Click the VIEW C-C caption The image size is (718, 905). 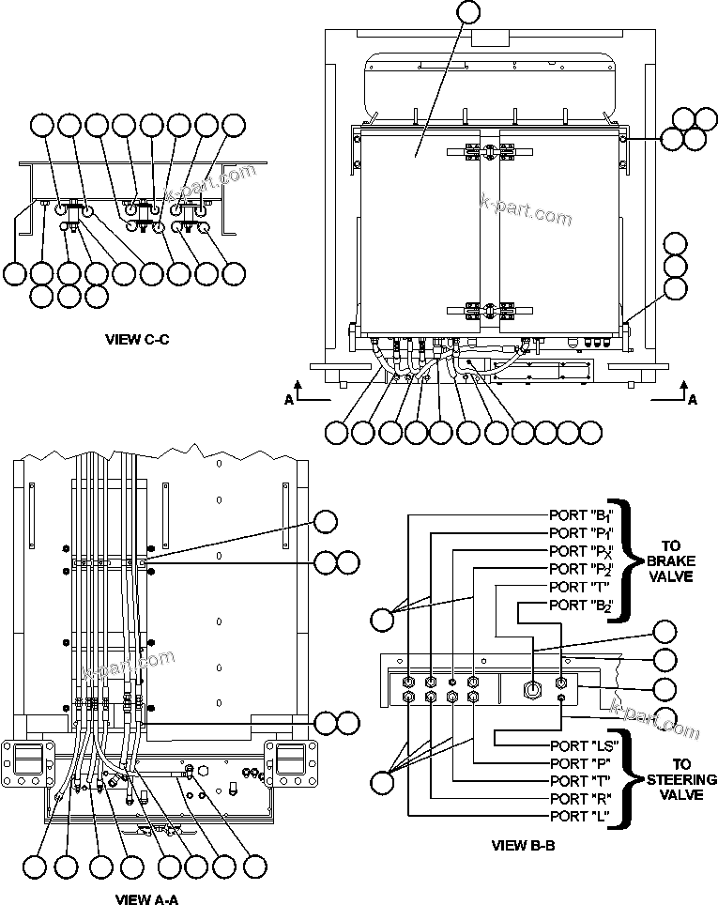point(137,339)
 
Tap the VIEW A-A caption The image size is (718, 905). point(146,898)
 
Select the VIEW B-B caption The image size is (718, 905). point(524,845)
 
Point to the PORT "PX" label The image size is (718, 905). point(581,551)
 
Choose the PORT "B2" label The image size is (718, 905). point(581,605)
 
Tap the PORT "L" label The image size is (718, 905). point(578,816)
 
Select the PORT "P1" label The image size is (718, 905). point(581,533)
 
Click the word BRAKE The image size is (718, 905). point(670,560)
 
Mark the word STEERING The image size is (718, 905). point(681,780)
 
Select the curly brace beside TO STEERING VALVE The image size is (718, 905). point(623,779)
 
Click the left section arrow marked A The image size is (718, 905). point(299,392)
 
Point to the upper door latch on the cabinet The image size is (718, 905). point(488,150)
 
